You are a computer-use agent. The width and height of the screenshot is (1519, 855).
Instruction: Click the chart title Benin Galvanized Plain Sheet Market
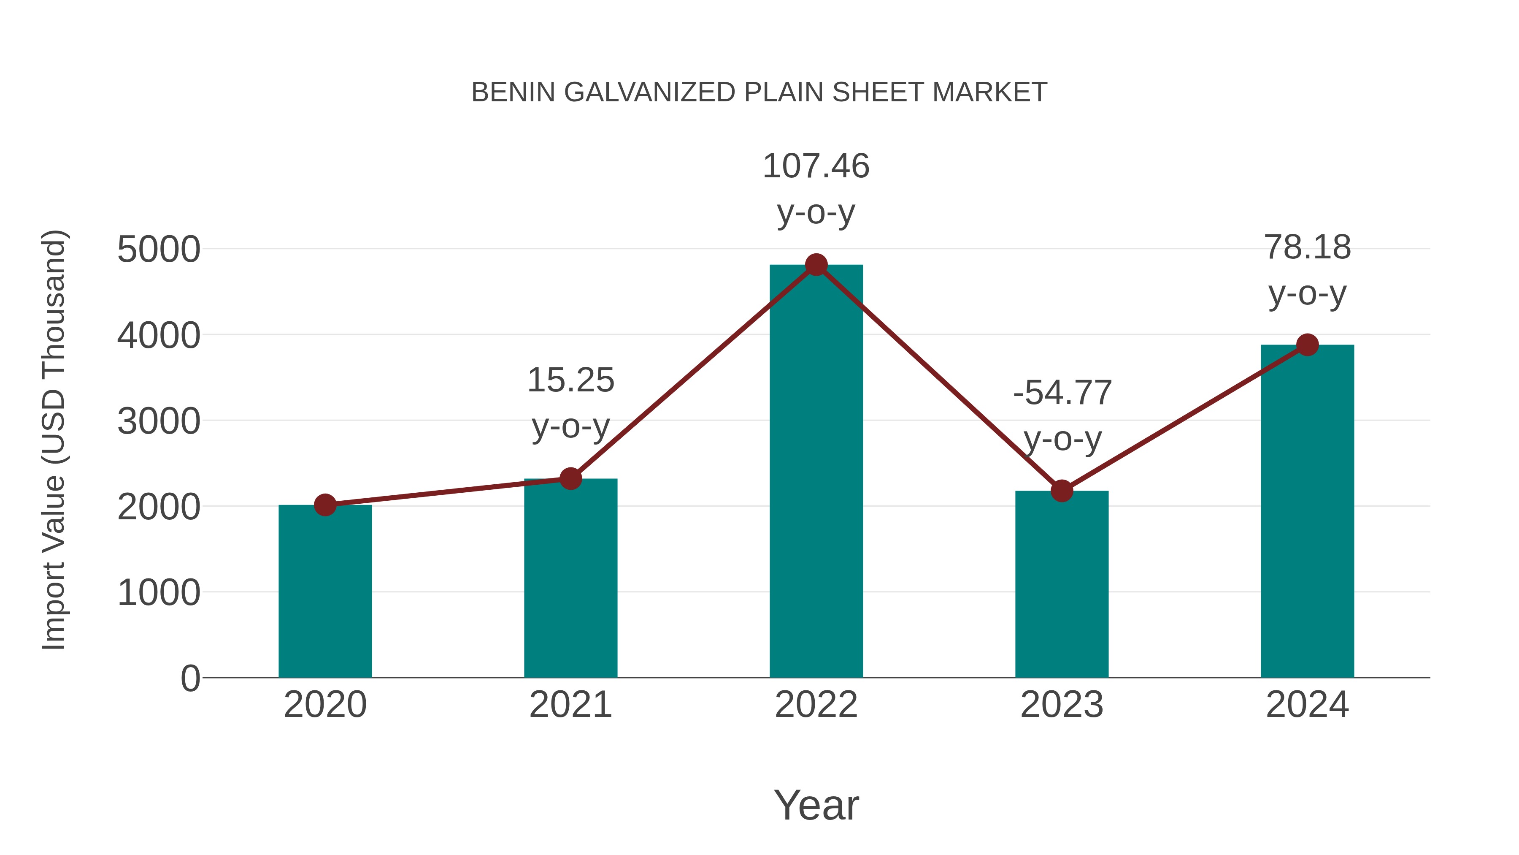tap(759, 92)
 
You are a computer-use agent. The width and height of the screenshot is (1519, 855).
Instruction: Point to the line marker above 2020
tap(325, 505)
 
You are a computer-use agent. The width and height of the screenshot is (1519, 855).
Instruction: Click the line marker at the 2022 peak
tap(816, 265)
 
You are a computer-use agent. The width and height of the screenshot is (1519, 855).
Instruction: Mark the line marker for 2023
tap(1062, 490)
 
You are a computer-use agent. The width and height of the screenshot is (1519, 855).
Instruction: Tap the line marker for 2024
tap(1307, 345)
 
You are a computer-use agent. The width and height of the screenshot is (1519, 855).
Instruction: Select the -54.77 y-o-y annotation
tap(1062, 415)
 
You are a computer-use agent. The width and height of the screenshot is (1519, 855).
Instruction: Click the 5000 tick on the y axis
tap(159, 250)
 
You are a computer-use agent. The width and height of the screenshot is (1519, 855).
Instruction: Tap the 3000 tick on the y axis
tap(159, 421)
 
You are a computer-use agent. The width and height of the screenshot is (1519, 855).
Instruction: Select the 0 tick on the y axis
tap(190, 678)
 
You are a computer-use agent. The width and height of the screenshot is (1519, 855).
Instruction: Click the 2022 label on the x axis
tap(816, 705)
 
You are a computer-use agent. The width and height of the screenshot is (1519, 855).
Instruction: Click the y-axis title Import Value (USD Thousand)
tap(54, 440)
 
